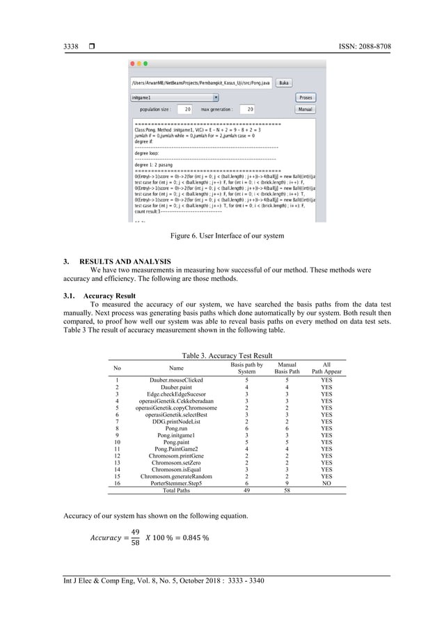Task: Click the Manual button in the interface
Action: (x=305, y=109)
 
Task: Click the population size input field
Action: (x=185, y=109)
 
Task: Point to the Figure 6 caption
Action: (x=228, y=236)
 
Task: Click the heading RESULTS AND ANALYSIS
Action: (x=122, y=261)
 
